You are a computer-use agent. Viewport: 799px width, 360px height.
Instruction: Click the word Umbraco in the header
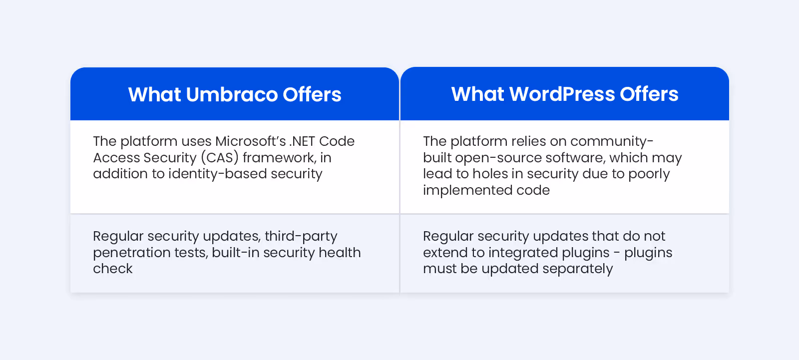coord(232,94)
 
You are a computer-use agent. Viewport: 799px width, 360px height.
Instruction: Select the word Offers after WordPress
coord(649,94)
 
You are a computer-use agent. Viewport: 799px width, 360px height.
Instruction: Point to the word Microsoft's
coord(250,141)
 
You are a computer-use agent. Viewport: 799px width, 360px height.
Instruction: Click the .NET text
coord(302,141)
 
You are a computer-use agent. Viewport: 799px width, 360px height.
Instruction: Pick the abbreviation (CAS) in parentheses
coord(220,158)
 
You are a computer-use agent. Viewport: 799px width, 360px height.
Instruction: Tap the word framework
coord(279,158)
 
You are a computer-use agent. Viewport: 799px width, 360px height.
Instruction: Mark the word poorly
coord(649,174)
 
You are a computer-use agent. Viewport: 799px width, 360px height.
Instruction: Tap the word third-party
coord(301,236)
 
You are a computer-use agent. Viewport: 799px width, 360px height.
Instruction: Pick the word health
coord(340,253)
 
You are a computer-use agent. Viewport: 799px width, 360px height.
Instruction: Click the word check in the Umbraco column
coord(113,269)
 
